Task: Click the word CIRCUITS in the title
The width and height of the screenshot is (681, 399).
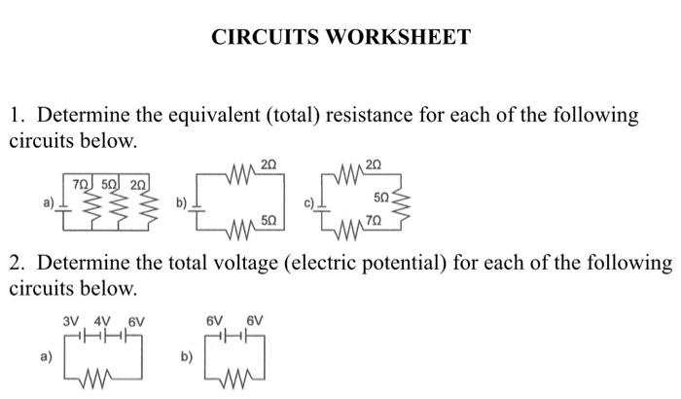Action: click(x=265, y=37)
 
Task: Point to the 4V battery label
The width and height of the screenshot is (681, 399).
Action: click(x=100, y=319)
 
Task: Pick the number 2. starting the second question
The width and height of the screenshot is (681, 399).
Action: click(x=18, y=264)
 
